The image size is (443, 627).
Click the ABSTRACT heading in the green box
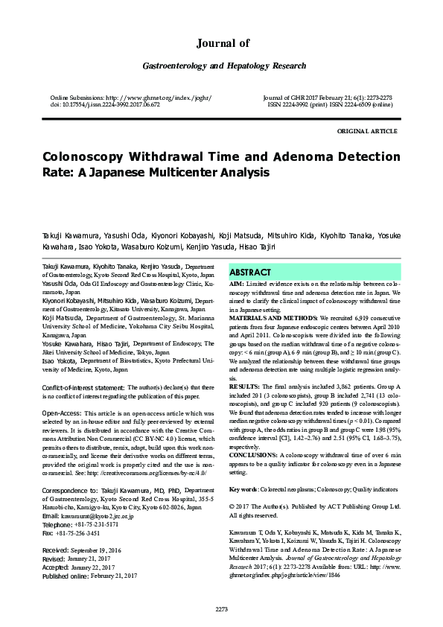click(x=250, y=273)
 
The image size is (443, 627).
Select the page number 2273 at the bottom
click(x=221, y=609)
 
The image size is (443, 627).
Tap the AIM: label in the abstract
click(x=236, y=284)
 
